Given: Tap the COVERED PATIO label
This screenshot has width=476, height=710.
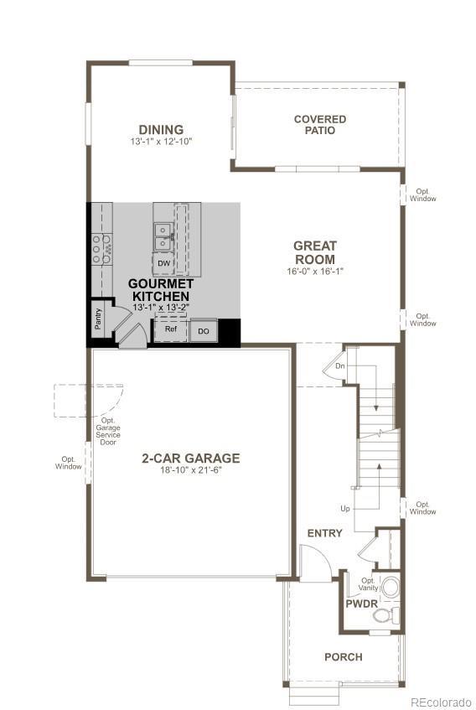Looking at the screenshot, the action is tap(320, 125).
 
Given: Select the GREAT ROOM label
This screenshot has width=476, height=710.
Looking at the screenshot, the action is tap(315, 252).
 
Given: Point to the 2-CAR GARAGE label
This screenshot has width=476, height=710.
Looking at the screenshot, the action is tap(191, 459).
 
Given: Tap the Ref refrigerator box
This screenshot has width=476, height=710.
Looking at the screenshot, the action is tap(171, 329).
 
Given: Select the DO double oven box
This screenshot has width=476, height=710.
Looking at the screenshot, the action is tap(204, 331).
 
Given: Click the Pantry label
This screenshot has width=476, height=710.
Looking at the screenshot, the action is tap(98, 319).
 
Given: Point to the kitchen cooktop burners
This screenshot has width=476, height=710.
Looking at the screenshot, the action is tap(101, 249).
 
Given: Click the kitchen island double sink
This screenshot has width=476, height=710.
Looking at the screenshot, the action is tap(163, 237).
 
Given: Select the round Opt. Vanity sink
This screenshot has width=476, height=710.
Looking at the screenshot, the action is tap(390, 588).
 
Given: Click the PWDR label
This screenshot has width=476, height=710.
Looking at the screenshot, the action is tap(361, 604).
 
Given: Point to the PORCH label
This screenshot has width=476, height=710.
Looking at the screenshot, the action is tap(344, 657).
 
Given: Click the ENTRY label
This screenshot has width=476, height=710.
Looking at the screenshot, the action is tap(324, 533).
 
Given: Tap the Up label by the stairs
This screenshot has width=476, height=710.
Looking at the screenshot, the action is tap(345, 509).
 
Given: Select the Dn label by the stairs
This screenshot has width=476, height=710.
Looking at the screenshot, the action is tap(339, 365).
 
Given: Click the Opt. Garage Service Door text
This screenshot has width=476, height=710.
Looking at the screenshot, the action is tap(108, 432).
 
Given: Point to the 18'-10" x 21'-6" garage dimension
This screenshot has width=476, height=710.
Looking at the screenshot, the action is tap(191, 470).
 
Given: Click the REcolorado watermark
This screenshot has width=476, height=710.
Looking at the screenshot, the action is tap(441, 702).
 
